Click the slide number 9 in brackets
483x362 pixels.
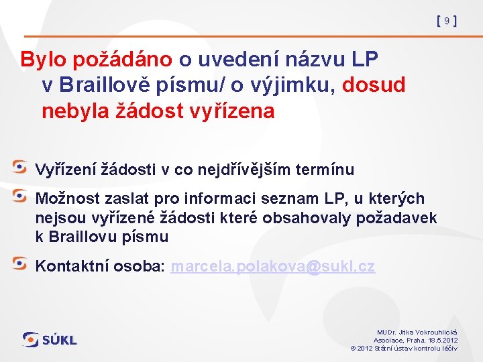coord(446,21)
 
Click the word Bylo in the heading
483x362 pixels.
coord(40,60)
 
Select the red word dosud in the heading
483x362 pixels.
coord(374,85)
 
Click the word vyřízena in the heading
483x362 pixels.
coord(229,111)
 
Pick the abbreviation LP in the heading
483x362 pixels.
coord(364,60)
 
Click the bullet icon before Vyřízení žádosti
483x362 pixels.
coord(21,167)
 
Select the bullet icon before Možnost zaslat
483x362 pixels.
coord(21,196)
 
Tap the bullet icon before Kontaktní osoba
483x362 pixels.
coord(21,263)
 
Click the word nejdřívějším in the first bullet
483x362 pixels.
coord(250,170)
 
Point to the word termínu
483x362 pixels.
coord(325,170)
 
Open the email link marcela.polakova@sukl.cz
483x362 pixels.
coord(272,266)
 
